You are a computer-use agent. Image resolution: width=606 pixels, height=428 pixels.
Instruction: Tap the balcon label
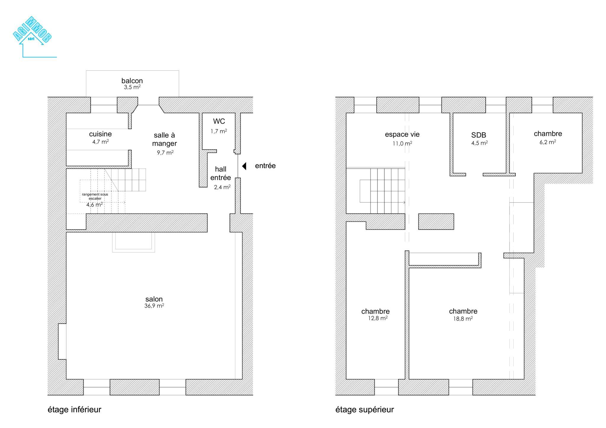(x=132, y=81)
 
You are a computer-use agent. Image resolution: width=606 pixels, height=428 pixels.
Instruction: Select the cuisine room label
(x=100, y=134)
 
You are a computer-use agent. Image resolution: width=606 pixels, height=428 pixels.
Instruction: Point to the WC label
(x=219, y=121)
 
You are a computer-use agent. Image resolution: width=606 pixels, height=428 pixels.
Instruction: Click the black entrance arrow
(x=244, y=166)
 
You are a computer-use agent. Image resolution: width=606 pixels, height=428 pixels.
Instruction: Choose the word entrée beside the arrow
(x=265, y=166)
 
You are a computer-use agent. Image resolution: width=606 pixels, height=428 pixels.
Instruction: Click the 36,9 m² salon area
(x=154, y=306)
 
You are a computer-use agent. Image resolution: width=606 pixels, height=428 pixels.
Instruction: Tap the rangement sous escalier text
(x=95, y=196)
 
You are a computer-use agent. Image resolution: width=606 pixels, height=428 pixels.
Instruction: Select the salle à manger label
(x=165, y=139)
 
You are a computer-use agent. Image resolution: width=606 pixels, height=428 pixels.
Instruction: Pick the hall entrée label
(x=221, y=173)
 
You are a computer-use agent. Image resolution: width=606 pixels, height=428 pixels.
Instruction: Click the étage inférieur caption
(x=75, y=410)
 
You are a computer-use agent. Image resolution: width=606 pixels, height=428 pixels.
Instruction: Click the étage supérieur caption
(x=365, y=410)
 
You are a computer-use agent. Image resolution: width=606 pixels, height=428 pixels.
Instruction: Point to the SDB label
(x=479, y=135)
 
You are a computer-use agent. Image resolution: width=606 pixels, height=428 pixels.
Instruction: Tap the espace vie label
(x=402, y=135)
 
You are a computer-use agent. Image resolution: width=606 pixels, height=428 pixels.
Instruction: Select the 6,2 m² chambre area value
(x=548, y=142)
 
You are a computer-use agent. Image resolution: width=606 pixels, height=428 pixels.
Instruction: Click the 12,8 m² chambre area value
(x=378, y=319)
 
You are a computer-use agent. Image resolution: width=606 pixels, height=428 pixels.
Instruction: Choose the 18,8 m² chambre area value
(x=463, y=319)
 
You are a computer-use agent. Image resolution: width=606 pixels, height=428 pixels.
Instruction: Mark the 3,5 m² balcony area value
(x=132, y=87)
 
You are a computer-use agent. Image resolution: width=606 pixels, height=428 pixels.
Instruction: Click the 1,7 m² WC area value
(x=219, y=131)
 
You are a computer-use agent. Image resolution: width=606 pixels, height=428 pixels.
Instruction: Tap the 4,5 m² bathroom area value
(x=480, y=143)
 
